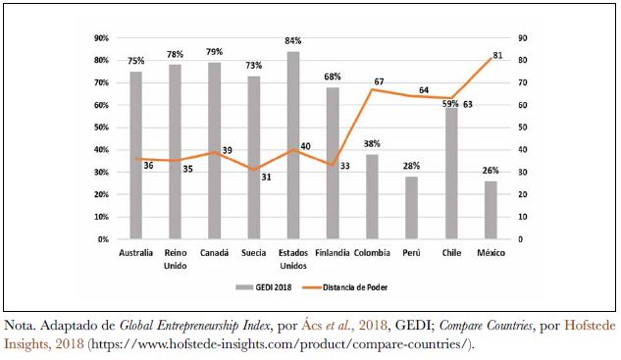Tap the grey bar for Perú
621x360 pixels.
pyautogui.click(x=411, y=208)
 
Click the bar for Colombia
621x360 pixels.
pyautogui.click(x=372, y=196)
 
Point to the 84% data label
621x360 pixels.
pyautogui.click(x=293, y=41)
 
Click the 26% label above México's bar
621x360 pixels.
pyautogui.click(x=490, y=172)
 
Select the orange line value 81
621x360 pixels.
pyautogui.click(x=497, y=56)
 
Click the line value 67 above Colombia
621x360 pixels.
pyautogui.click(x=379, y=81)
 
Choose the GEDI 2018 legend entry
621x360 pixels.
pyautogui.click(x=262, y=287)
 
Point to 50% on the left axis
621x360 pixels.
pyautogui.click(x=101, y=128)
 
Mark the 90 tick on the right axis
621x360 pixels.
pyautogui.click(x=523, y=38)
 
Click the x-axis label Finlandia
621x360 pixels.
pyautogui.click(x=332, y=253)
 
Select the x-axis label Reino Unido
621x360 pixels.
pyautogui.click(x=175, y=259)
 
